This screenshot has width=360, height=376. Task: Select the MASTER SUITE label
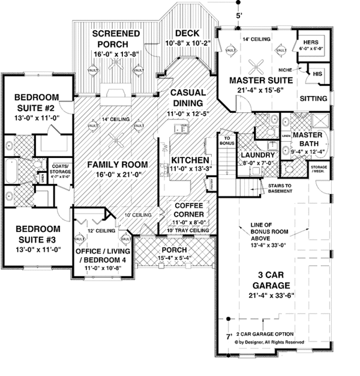pyautogui.click(x=260, y=80)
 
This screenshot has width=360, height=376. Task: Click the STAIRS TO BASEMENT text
pyautogui.click(x=275, y=192)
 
